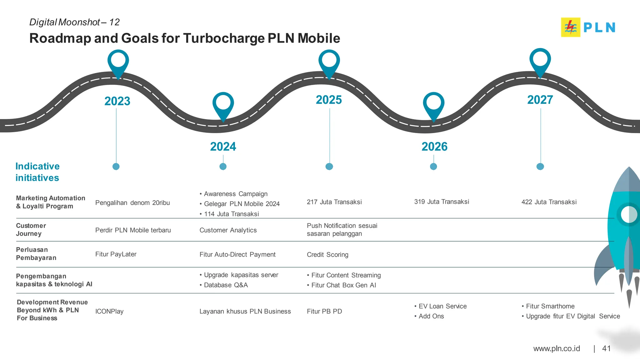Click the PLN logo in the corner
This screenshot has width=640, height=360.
(588, 27)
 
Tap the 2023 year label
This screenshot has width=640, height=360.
(117, 101)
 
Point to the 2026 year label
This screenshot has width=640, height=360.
(434, 147)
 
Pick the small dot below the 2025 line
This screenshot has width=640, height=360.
(329, 167)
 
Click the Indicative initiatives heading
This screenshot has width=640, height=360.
(37, 172)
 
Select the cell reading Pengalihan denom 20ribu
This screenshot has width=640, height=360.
(132, 203)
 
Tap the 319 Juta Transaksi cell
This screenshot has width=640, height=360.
(442, 202)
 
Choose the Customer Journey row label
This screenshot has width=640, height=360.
(31, 230)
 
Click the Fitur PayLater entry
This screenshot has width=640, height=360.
(116, 254)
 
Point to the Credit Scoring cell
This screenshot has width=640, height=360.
(327, 255)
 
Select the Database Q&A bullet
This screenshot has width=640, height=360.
(226, 285)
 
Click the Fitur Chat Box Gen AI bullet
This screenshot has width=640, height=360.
(343, 285)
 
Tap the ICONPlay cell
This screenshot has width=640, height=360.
(109, 312)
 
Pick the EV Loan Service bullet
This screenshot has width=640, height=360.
(442, 306)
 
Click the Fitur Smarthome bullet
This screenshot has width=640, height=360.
(550, 306)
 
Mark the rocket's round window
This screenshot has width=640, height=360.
(629, 215)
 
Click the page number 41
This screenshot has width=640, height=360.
(606, 348)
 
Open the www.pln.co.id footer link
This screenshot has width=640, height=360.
(557, 348)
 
